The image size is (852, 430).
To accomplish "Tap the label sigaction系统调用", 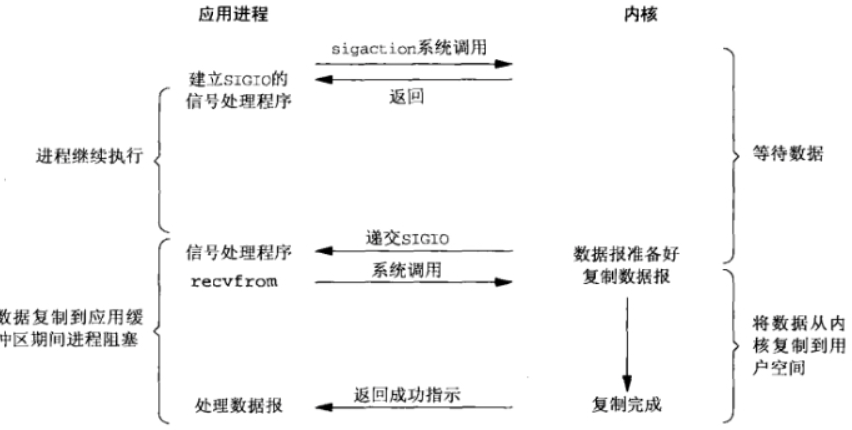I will point(414,48).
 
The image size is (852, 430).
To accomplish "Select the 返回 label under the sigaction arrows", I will point(413,96).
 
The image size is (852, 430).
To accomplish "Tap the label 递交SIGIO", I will point(414,236).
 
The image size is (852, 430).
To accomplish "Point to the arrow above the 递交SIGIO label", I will point(413,252).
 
